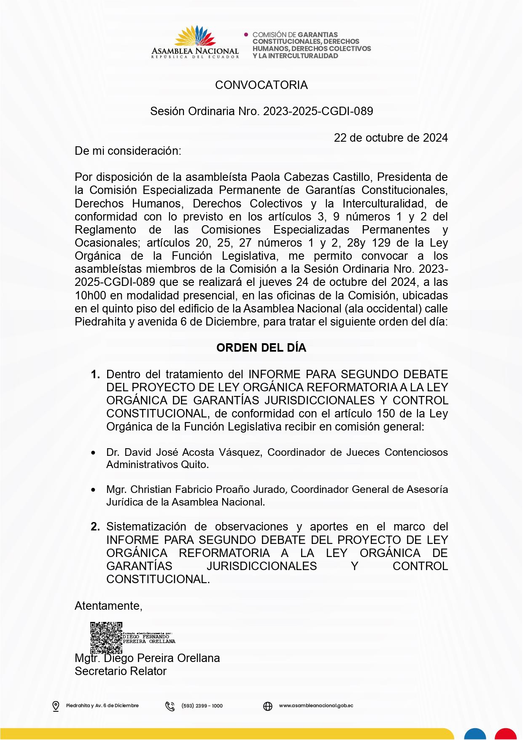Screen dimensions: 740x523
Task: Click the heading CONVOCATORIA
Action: click(x=261, y=85)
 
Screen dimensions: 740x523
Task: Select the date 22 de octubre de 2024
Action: click(x=391, y=138)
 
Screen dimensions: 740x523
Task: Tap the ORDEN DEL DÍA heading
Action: click(x=261, y=348)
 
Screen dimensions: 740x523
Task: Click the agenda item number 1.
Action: click(x=95, y=374)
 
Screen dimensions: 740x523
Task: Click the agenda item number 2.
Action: click(x=95, y=527)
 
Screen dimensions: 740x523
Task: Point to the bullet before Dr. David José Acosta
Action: click(x=93, y=453)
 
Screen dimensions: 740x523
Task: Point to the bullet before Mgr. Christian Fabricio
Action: click(x=93, y=490)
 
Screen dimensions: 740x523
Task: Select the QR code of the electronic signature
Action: click(x=106, y=638)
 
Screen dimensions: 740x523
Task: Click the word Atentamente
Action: click(x=108, y=606)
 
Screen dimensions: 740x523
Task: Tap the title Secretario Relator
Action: click(x=121, y=671)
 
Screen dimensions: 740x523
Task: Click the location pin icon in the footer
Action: click(x=56, y=706)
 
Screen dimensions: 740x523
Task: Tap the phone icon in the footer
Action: click(x=170, y=706)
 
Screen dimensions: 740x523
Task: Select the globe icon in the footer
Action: click(x=268, y=706)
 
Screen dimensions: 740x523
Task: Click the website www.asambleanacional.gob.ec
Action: click(x=316, y=706)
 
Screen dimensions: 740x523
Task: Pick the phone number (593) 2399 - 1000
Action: click(x=202, y=706)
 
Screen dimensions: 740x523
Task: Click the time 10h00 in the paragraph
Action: click(x=90, y=296)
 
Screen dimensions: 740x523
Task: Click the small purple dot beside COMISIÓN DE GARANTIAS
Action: click(x=246, y=35)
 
